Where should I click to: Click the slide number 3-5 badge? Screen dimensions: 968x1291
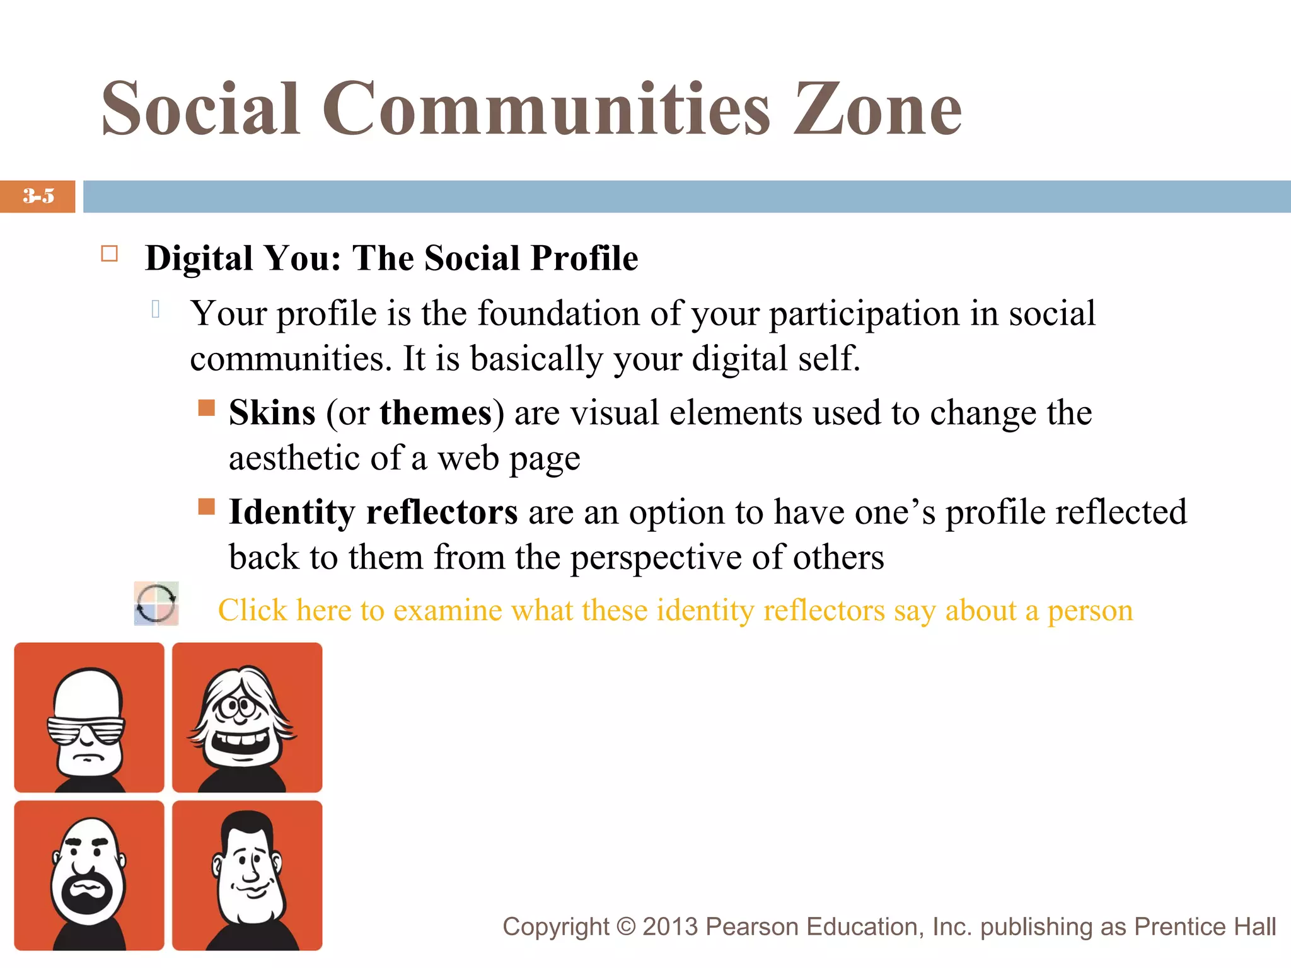38,196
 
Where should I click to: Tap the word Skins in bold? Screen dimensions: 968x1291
272,413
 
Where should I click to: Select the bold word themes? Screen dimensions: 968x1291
436,413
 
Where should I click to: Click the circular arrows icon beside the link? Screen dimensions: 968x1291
156,604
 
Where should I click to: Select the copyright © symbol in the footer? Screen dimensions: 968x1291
626,927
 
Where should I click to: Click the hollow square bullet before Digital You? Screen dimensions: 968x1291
110,254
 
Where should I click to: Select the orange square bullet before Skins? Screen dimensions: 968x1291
206,408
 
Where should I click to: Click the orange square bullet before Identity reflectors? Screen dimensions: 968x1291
206,506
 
